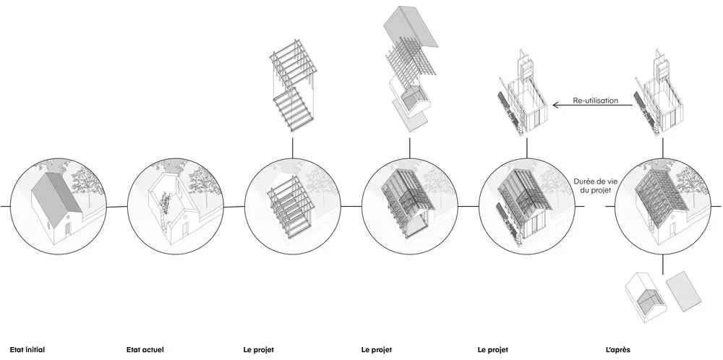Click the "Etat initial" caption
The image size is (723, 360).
click(x=27, y=350)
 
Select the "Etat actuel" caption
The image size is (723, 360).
click(x=145, y=350)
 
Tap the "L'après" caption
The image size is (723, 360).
click(x=618, y=350)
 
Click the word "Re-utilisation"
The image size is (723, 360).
click(x=595, y=100)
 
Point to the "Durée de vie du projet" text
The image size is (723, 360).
click(x=593, y=186)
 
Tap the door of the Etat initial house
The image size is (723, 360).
click(x=67, y=228)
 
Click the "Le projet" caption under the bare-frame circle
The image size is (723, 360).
click(x=258, y=350)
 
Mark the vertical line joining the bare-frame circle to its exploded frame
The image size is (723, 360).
click(x=292, y=147)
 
